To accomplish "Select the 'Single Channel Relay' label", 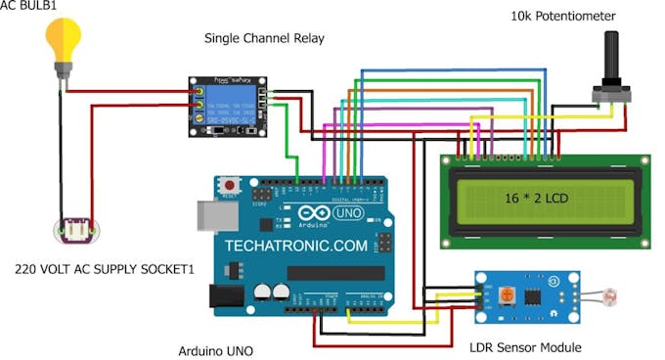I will point(264,38).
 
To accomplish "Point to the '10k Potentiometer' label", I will point(564,17).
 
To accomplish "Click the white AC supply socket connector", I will point(77,231).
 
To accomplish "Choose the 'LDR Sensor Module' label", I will point(526,347).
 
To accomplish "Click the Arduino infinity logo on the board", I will point(318,213).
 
